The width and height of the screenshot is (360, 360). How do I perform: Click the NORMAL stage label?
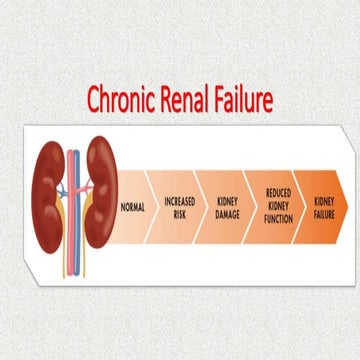click(x=132, y=208)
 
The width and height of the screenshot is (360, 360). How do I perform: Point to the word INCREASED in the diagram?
click(x=179, y=202)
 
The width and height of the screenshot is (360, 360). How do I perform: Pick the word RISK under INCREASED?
click(x=179, y=213)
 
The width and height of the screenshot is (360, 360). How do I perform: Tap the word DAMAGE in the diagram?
click(x=228, y=214)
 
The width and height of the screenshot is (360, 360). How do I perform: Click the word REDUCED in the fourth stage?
click(x=278, y=191)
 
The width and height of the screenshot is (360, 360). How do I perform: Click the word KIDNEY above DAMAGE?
click(x=228, y=202)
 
